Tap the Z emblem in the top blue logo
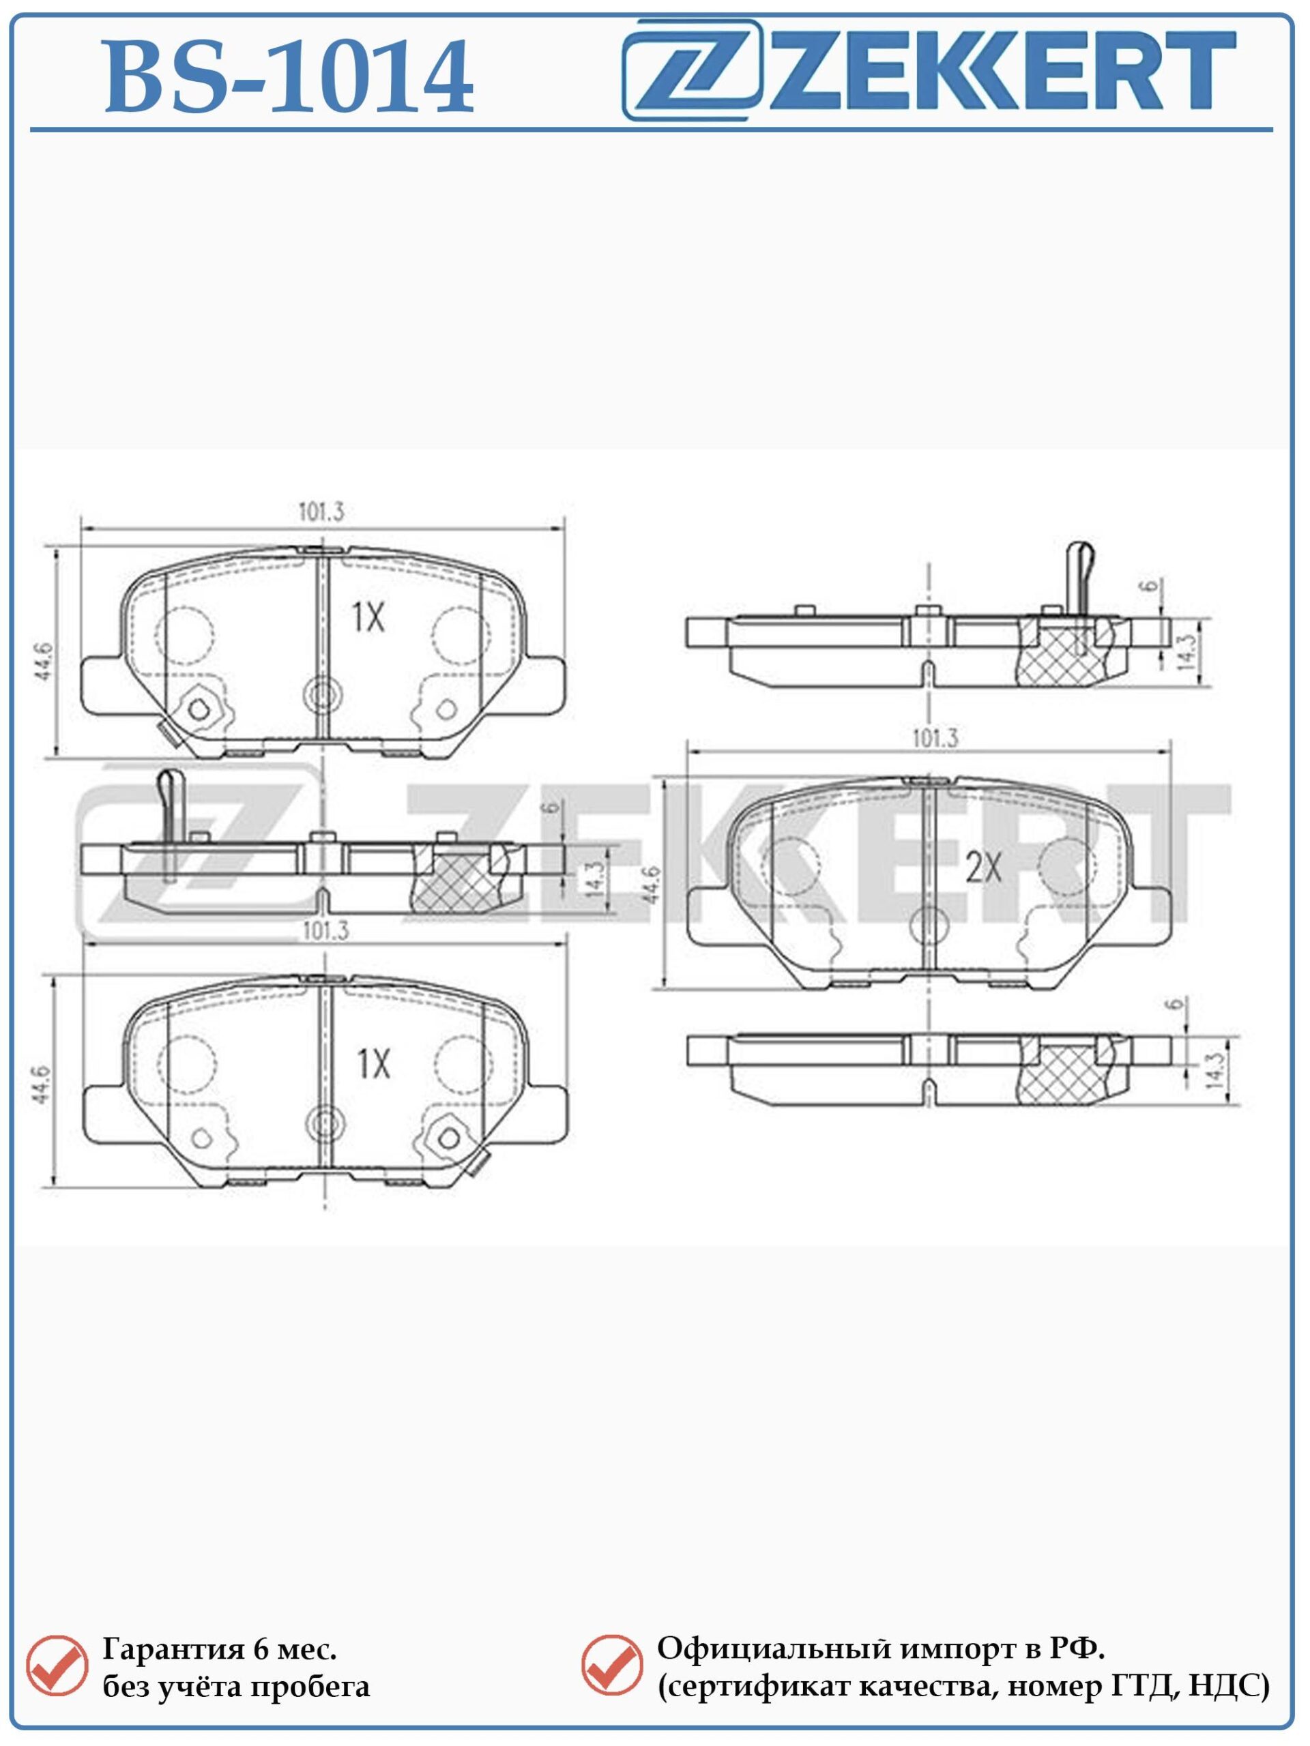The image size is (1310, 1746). point(693,70)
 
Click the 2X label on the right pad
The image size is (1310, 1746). point(984,869)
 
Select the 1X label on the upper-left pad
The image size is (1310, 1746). point(368,617)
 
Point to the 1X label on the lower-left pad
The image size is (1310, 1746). point(373,1065)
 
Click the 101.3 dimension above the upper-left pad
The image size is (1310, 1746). point(321,512)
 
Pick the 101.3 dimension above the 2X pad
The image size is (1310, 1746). point(935,739)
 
